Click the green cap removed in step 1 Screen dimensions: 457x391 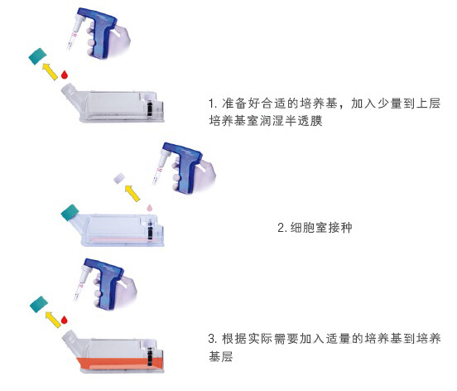[37, 56]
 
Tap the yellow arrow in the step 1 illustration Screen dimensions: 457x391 [50, 71]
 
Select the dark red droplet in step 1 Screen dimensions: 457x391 [65, 75]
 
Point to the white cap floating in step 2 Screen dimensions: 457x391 [119, 178]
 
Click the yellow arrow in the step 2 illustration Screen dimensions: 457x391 [132, 193]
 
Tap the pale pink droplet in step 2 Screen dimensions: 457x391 [150, 208]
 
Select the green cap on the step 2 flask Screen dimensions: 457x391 [70, 213]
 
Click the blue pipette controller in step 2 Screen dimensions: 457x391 [183, 167]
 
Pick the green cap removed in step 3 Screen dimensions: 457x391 [39, 304]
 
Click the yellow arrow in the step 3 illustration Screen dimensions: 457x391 [53, 320]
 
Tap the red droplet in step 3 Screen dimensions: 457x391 [65, 320]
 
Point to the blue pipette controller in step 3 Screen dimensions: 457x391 [105, 282]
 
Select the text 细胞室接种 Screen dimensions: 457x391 [321, 228]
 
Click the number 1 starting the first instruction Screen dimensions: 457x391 [211, 104]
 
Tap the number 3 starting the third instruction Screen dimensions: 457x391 [212, 339]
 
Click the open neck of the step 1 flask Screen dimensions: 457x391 [70, 90]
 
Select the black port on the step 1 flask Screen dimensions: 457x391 [150, 109]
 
